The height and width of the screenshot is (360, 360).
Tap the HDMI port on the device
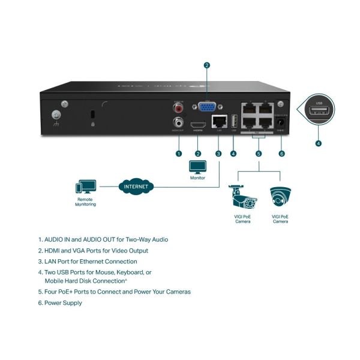pos(197,126)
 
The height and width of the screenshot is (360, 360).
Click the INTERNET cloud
pos(136,186)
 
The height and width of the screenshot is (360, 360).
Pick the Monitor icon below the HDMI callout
pos(197,166)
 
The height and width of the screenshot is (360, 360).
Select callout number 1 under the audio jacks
pos(178,154)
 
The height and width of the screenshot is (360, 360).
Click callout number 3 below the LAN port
pos(218,154)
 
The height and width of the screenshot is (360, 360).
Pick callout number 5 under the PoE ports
pos(259,154)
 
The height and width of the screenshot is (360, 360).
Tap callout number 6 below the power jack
pos(281,154)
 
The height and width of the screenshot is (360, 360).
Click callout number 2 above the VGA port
pos(207,65)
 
